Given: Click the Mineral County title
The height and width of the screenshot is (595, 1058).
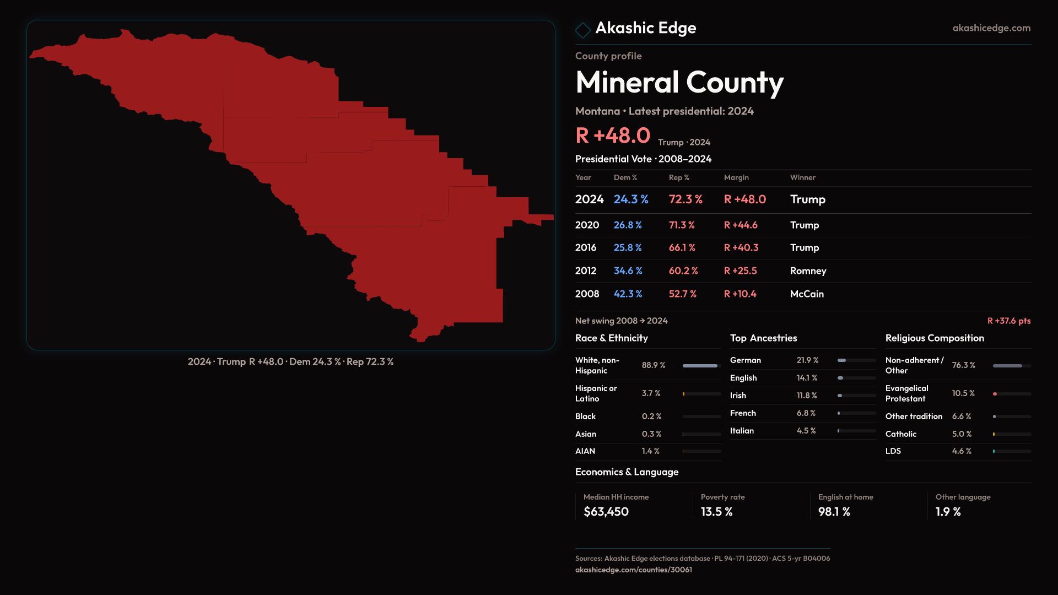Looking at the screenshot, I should click(679, 83).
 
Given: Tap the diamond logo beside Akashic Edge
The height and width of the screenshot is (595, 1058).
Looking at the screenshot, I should click(582, 30).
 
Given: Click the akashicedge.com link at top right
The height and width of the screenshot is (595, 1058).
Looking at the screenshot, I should click(991, 28).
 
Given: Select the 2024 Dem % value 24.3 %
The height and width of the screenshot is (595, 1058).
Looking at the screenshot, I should click(631, 199).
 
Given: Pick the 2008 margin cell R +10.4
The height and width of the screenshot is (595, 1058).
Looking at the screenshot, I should click(740, 294).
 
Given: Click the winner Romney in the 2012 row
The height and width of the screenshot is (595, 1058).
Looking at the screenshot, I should click(808, 271).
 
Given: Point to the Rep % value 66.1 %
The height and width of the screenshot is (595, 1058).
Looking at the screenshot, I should click(682, 248).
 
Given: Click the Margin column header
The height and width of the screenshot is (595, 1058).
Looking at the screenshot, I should click(736, 177).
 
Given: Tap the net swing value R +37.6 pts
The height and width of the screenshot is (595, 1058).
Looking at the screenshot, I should click(1008, 321).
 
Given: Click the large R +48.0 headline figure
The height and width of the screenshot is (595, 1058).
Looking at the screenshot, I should click(613, 136).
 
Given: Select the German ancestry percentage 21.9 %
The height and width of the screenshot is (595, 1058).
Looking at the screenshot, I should click(807, 360).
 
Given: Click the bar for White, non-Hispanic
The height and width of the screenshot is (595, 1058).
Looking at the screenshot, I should click(701, 366).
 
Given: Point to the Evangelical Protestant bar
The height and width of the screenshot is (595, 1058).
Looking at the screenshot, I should click(1011, 394).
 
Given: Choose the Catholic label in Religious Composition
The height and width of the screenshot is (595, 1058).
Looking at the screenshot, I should click(901, 434).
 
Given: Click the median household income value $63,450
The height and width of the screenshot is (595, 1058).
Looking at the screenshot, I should click(606, 512).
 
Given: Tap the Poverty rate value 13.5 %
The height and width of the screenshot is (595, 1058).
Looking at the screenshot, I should click(716, 512).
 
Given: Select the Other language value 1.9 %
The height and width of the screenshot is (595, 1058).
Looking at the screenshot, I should click(948, 512).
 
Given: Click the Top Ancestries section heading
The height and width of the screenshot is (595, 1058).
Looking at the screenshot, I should click(763, 338).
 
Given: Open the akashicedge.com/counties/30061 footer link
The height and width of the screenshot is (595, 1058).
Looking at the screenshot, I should click(633, 570).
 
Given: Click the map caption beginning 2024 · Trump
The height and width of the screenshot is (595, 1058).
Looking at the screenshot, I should click(290, 362).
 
